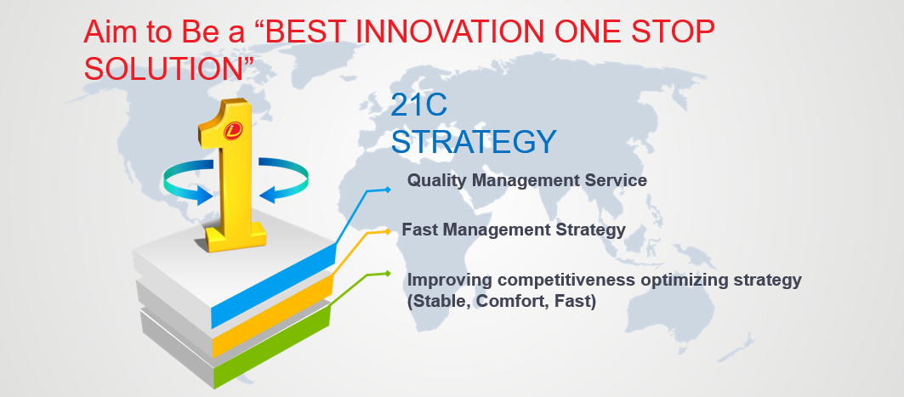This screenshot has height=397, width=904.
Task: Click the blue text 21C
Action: pyautogui.click(x=418, y=105)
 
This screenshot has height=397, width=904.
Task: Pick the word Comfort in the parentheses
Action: pyautogui.click(x=511, y=301)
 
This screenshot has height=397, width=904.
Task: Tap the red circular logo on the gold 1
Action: pyautogui.click(x=233, y=130)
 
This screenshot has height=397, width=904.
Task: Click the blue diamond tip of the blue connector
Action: pyautogui.click(x=388, y=189)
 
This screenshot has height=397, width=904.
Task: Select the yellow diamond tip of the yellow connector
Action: pyautogui.click(x=388, y=231)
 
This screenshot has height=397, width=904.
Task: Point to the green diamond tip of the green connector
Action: pyautogui.click(x=388, y=273)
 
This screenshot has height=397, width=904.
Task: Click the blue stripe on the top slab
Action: pyautogui.click(x=273, y=286)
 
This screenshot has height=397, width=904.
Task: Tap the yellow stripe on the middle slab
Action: pyautogui.click(x=273, y=316)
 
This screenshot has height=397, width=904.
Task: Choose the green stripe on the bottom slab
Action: pyautogui.click(x=271, y=348)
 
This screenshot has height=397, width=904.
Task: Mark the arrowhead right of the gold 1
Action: pyautogui.click(x=269, y=194)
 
